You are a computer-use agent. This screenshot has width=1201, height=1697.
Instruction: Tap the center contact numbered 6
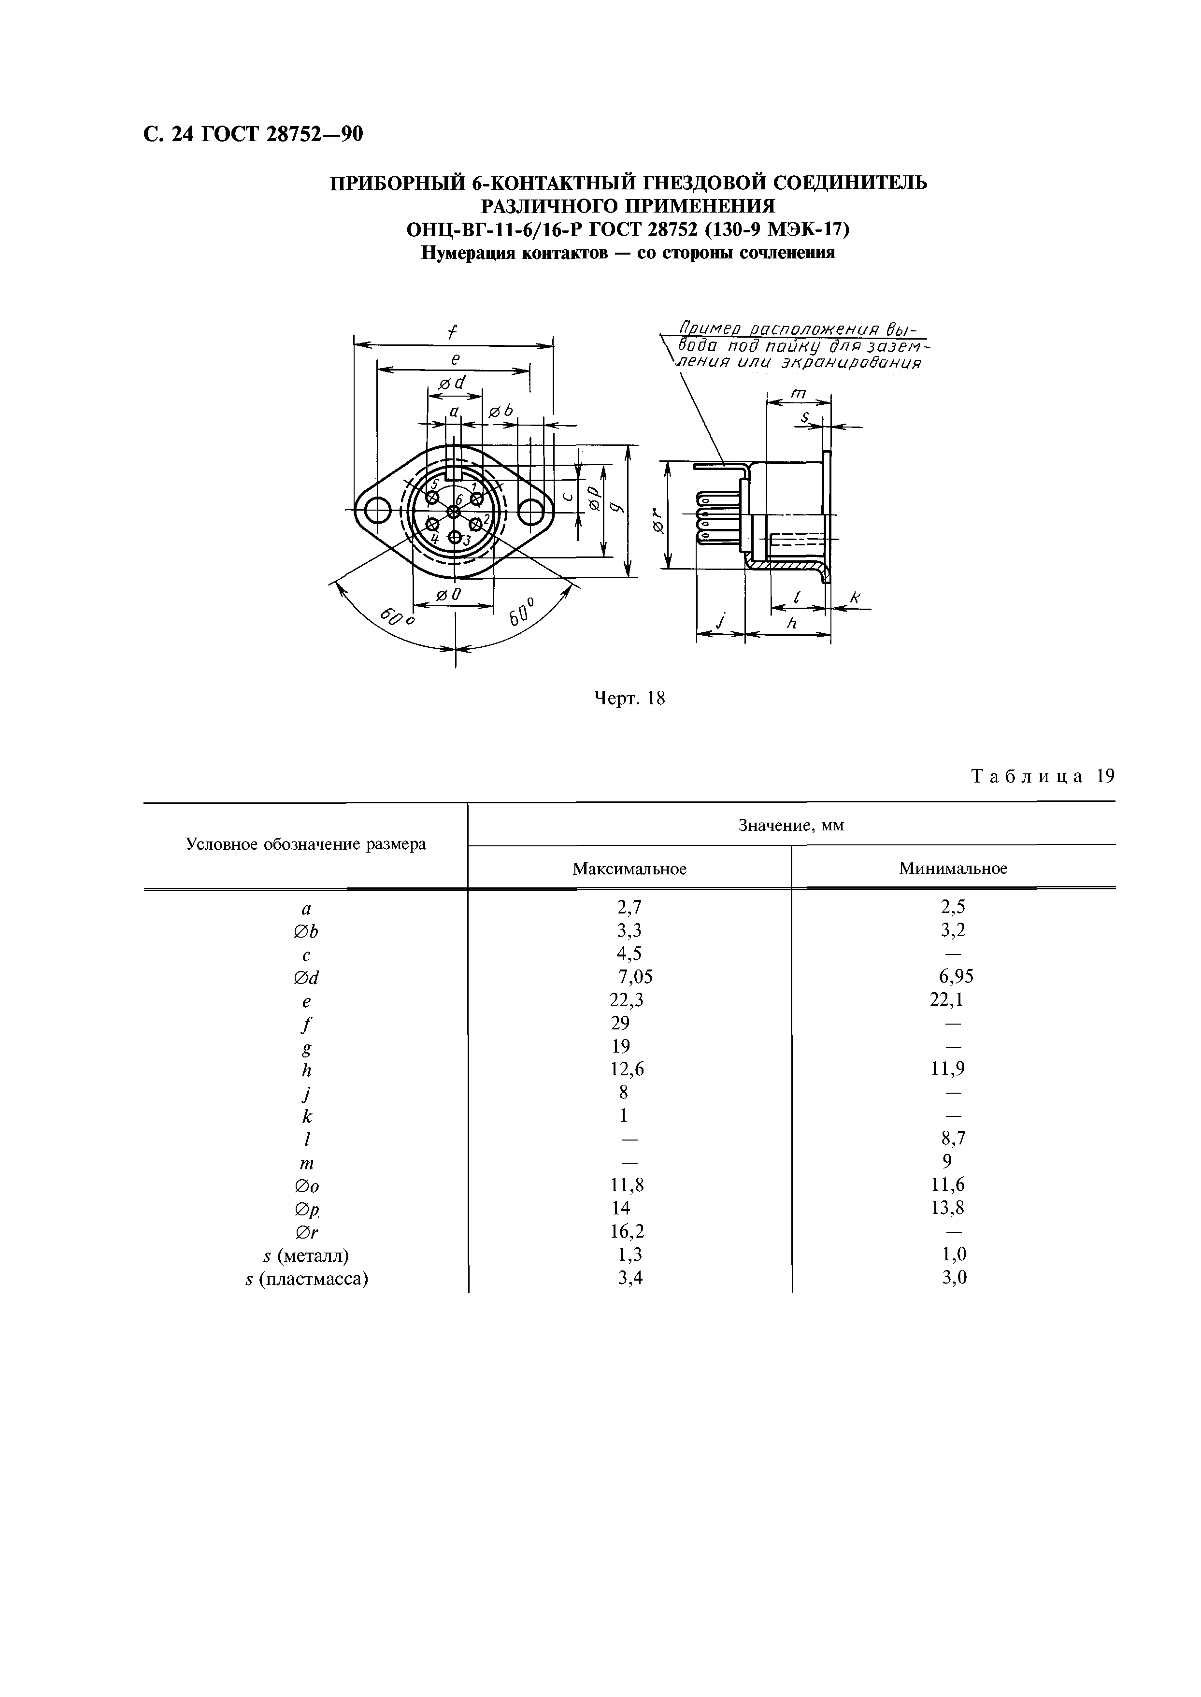tap(454, 512)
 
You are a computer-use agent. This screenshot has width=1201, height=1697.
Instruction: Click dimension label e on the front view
tap(456, 358)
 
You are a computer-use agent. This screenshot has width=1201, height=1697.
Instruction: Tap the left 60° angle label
tap(396, 617)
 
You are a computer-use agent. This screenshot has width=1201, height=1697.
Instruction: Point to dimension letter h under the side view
tap(791, 623)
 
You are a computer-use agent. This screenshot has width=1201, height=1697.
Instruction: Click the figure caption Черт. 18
tap(629, 698)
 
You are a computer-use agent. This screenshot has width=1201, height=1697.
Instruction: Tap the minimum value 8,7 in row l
tap(953, 1139)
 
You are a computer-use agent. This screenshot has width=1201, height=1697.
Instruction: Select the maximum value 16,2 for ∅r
tap(630, 1232)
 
